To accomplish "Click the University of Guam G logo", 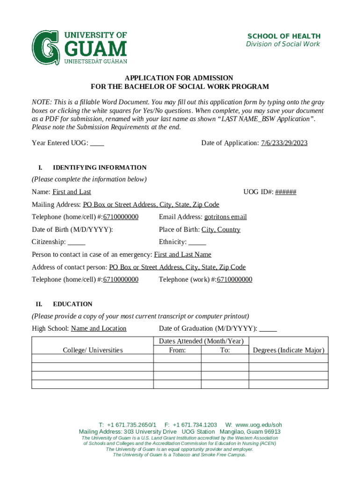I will coord(46,48).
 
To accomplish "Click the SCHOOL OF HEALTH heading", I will coord(284,36).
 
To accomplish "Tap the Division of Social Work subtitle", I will coord(283,44).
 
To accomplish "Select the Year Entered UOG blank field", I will coord(97,143).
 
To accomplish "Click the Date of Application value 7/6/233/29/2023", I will coord(284,143).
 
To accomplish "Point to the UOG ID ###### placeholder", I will coord(286,192).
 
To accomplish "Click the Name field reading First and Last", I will coord(72,192).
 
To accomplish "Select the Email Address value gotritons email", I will coord(225,217).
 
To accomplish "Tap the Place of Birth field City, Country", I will coord(221,230).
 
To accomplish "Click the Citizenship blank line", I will coord(77,242).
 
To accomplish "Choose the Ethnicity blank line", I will coord(197,242).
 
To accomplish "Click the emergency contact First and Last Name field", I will coord(183,254).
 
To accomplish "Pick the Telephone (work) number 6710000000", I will coord(235,280).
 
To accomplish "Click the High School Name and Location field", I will coord(99,328).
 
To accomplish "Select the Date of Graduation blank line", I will coord(268,328).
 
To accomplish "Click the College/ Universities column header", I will coord(93,350).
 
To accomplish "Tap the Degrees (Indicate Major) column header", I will coord(288,350).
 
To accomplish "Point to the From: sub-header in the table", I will coord(177,350).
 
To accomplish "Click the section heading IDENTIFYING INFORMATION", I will coord(100,167).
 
